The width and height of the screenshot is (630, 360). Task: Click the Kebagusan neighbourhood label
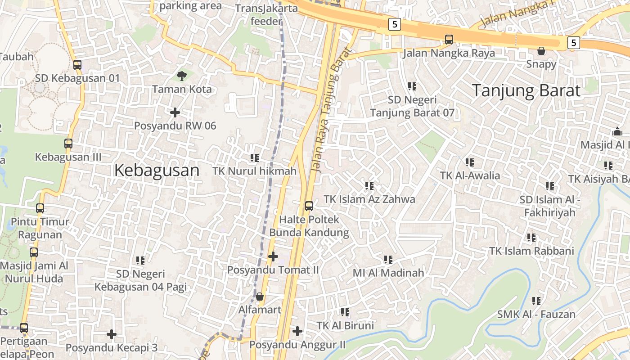point(157,171)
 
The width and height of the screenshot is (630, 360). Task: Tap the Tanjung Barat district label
point(526,90)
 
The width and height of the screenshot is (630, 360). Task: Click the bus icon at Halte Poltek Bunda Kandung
point(309,206)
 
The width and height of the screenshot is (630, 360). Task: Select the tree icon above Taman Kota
point(181,76)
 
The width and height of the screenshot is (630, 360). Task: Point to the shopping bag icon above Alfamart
point(259,297)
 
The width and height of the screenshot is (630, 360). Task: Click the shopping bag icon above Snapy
point(541,51)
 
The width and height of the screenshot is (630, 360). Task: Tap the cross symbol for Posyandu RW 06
point(175,112)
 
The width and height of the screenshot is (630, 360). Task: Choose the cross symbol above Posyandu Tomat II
point(273,256)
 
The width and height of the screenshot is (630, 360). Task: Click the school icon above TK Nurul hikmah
point(255,158)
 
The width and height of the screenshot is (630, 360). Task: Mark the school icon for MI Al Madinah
point(388,260)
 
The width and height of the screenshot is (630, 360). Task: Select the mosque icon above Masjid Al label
point(617,132)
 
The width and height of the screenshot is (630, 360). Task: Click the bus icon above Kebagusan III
point(68,144)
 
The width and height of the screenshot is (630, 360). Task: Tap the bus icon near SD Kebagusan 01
point(77,65)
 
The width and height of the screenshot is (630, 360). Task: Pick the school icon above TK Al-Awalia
point(470,162)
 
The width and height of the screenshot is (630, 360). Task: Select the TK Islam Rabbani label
point(531,251)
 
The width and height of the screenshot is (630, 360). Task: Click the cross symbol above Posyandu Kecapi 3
point(112,334)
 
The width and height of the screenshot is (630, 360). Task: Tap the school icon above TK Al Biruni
point(345,312)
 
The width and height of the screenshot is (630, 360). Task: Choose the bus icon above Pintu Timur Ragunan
point(40,208)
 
